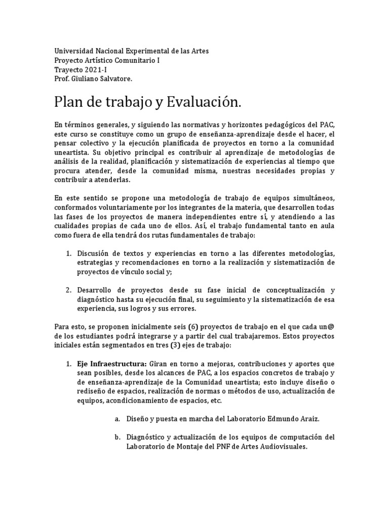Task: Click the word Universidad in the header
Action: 74,52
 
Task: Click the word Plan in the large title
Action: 67,103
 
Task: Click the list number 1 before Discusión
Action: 68,253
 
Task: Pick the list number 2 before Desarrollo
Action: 68,290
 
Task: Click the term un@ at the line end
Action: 328,327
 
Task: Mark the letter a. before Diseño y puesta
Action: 118,419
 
